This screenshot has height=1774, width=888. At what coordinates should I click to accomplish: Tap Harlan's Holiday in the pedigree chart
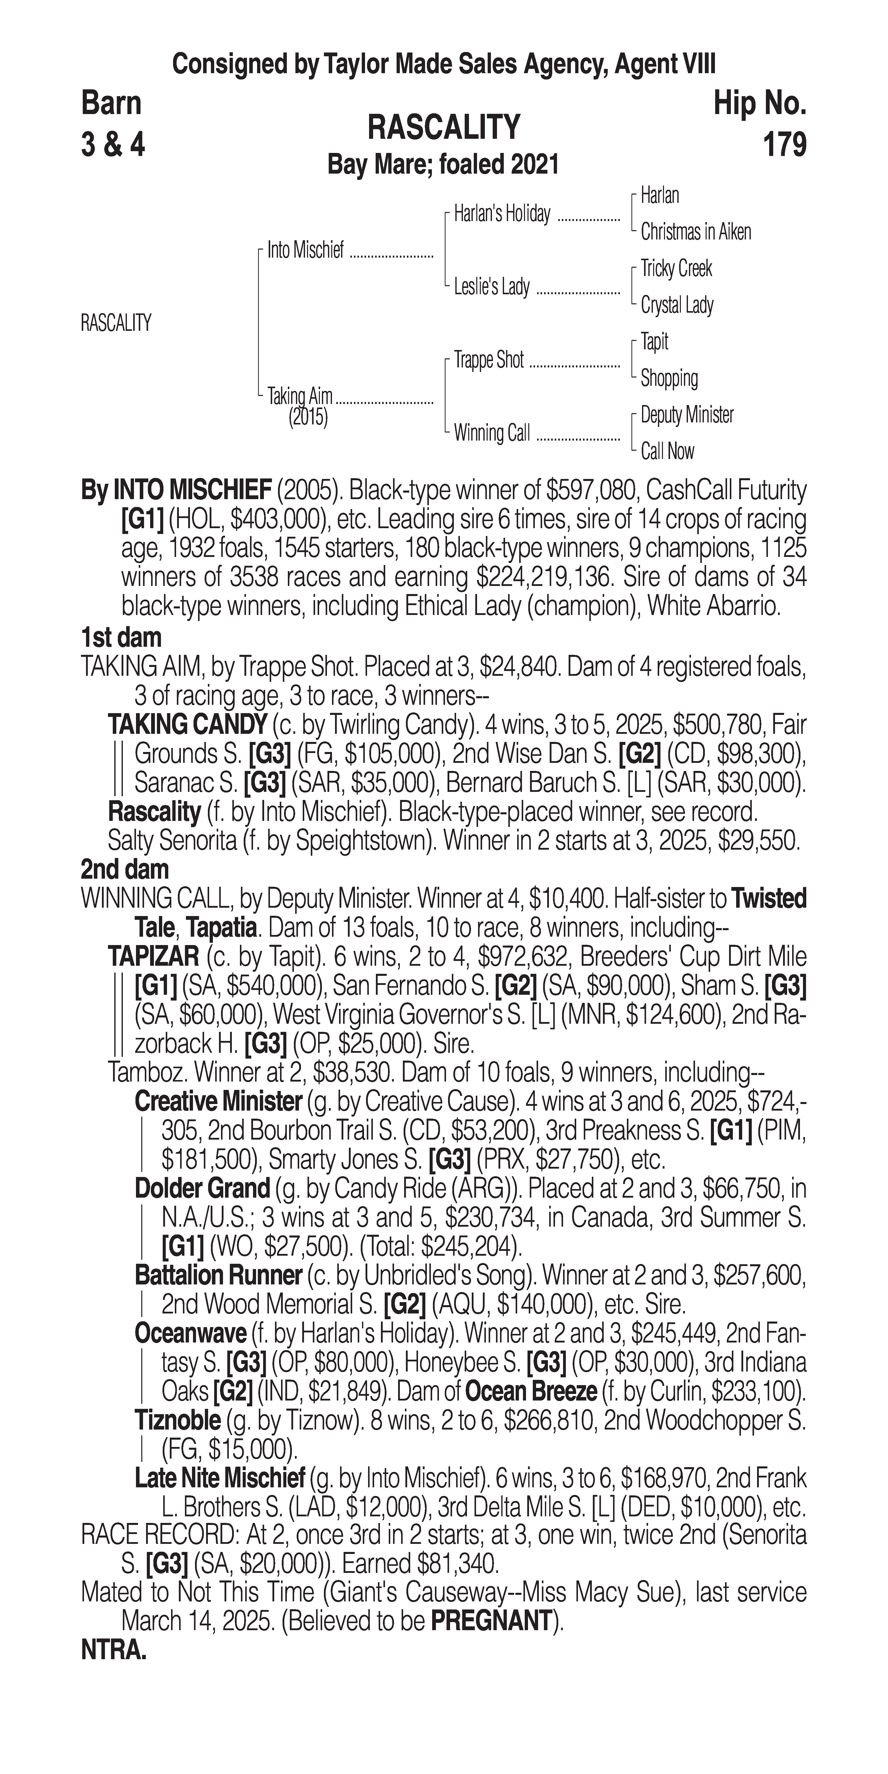502,214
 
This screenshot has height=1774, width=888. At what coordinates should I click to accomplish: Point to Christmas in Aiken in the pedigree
695,232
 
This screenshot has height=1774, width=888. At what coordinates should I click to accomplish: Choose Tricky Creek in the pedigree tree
676,268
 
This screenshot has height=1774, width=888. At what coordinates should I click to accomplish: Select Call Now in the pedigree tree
667,452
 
